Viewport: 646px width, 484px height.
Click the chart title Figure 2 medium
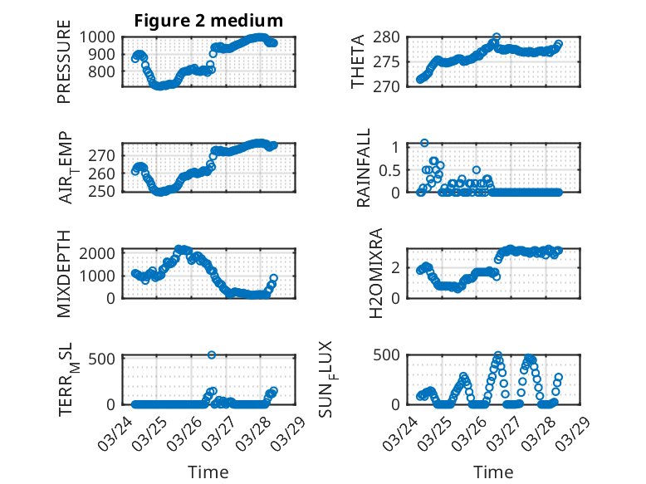[208, 21]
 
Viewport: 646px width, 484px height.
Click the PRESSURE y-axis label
[64, 67]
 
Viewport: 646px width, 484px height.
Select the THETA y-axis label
[358, 63]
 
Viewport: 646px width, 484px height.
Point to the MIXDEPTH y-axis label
[64, 273]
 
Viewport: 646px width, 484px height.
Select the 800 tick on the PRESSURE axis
[105, 71]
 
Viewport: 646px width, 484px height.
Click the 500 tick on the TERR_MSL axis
[105, 359]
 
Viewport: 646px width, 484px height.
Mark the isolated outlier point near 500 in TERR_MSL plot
[212, 354]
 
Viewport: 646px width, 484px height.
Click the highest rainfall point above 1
[424, 143]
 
